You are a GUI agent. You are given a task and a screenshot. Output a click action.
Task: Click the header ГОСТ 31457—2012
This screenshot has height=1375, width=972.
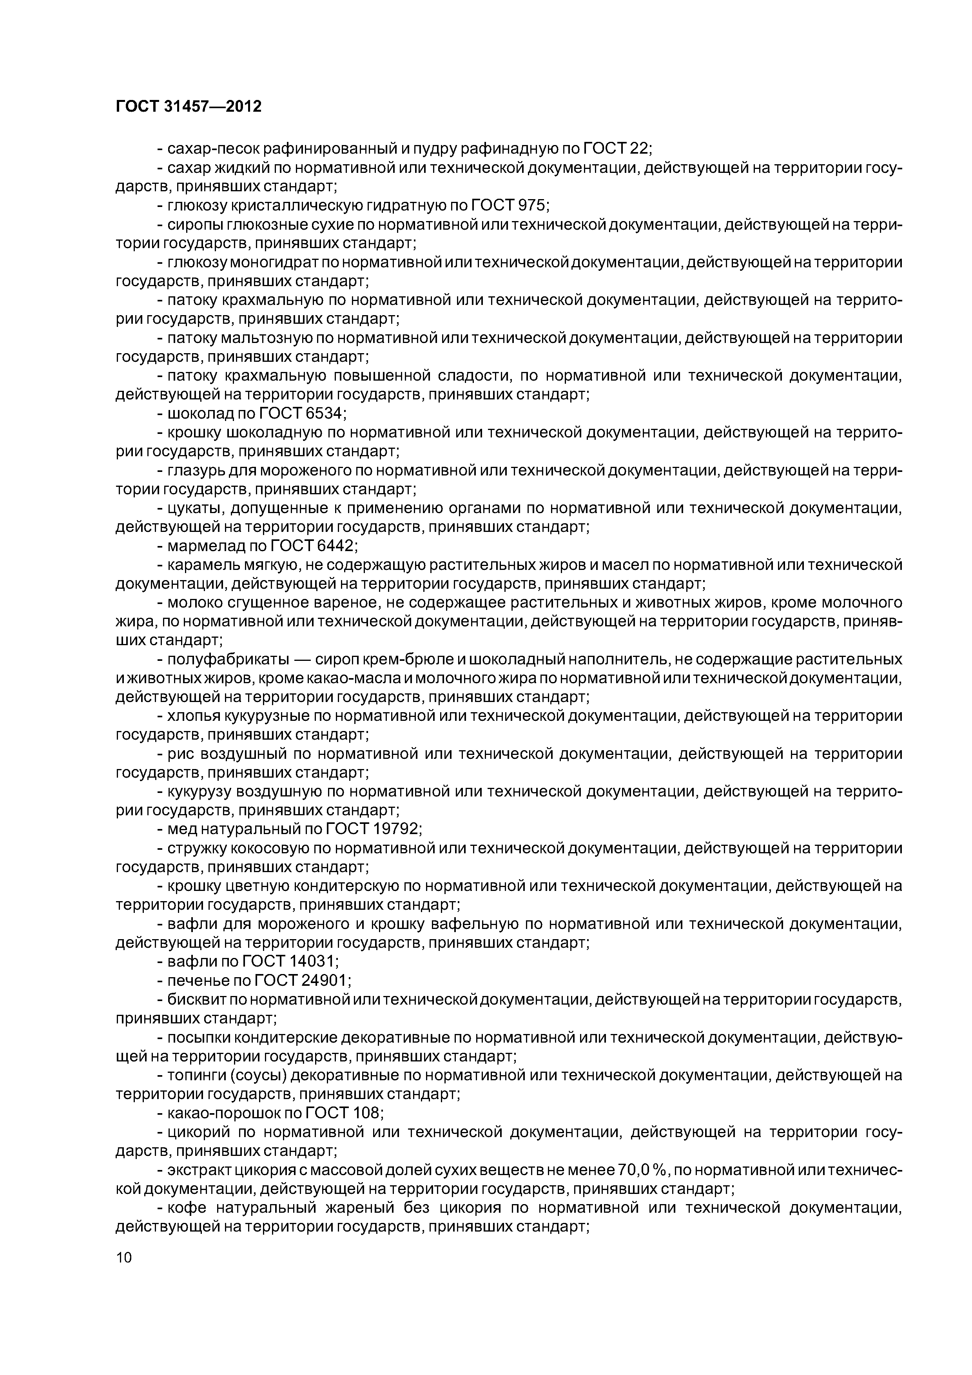(x=189, y=107)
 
